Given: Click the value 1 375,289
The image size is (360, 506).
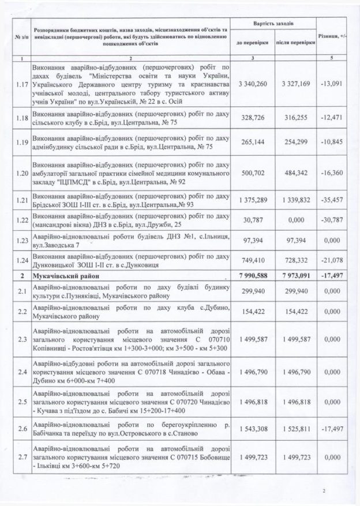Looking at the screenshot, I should pyautogui.click(x=252, y=200).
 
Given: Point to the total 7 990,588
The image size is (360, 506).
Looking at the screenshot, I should pyautogui.click(x=252, y=276).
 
